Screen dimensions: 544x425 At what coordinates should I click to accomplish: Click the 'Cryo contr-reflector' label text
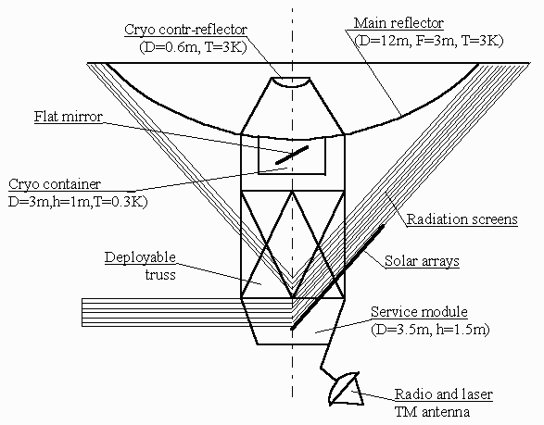[x=185, y=30]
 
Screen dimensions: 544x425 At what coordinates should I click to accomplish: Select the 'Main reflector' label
[x=399, y=23]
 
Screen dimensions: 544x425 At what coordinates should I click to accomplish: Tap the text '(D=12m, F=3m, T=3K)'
[x=429, y=41]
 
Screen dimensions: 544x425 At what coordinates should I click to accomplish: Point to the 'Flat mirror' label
[x=69, y=117]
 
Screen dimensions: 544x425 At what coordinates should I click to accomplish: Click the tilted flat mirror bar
[x=292, y=155]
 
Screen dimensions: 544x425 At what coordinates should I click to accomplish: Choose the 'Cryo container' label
[x=55, y=184]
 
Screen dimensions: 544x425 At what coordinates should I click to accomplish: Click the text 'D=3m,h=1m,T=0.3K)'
[x=78, y=201]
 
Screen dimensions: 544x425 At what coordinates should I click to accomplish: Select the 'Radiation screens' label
[x=462, y=219]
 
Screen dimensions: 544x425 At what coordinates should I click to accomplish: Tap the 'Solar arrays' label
[x=422, y=261]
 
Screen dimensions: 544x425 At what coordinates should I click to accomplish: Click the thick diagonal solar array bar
[x=337, y=278]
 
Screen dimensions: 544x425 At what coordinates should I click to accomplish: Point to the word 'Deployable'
[x=140, y=257]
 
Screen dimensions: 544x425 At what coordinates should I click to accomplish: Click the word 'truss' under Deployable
[x=160, y=275]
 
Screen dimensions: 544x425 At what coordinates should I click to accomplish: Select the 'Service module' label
[x=419, y=312]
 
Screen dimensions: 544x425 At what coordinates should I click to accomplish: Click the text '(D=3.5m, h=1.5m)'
[x=430, y=329]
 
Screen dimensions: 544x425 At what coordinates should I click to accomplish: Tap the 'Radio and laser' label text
[x=444, y=394]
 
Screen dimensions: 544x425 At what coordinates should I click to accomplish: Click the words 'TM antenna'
[x=432, y=412]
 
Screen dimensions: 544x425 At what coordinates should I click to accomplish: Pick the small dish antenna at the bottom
[x=346, y=389]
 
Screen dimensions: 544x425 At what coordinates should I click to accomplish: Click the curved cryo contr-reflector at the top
[x=291, y=83]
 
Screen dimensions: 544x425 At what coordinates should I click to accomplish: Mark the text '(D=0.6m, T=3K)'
[x=193, y=47]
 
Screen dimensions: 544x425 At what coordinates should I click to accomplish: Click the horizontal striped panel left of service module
[x=187, y=312]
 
